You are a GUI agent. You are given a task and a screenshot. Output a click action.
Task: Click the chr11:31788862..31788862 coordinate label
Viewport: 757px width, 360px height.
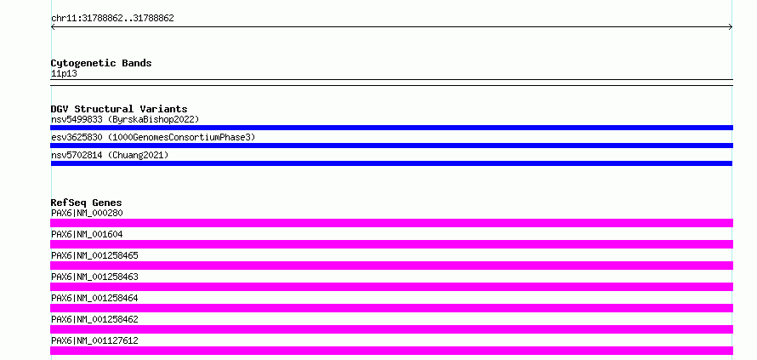click(112, 19)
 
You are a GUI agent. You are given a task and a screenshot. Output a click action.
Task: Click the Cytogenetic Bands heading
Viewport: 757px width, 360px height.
click(101, 63)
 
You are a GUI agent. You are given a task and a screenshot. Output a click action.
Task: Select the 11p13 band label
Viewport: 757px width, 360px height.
click(64, 74)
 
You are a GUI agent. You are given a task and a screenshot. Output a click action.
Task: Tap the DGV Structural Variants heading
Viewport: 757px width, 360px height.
click(119, 109)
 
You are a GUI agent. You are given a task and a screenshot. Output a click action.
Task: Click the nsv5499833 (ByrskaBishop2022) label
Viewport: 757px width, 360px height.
click(125, 119)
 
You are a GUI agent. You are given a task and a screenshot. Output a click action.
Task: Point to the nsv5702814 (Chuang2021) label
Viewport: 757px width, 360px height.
click(110, 155)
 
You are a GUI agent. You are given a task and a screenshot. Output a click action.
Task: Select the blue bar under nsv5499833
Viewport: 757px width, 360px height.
click(391, 128)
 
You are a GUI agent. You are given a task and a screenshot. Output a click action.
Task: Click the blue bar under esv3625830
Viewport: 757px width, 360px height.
click(391, 146)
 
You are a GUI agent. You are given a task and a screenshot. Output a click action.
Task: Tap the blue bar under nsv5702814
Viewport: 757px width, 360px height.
click(391, 163)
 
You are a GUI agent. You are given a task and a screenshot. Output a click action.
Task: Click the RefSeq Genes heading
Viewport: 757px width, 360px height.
click(87, 203)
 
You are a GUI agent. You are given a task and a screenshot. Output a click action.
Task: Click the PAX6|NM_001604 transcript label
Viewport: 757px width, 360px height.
click(87, 234)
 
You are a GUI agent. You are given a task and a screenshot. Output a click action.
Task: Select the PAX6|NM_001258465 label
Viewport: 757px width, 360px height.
click(94, 255)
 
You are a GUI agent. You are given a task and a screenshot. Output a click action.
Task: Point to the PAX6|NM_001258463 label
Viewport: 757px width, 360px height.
click(94, 277)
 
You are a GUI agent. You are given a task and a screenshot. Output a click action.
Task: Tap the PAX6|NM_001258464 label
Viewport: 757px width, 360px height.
click(94, 298)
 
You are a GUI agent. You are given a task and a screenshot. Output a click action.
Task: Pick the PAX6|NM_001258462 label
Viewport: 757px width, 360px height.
click(94, 319)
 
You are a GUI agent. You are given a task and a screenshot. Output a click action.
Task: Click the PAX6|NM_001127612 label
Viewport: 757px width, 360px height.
click(94, 340)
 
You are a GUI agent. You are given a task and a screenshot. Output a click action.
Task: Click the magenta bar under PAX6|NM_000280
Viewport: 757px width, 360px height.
click(391, 223)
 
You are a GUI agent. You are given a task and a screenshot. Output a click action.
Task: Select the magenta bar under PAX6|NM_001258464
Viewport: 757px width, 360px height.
click(391, 308)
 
